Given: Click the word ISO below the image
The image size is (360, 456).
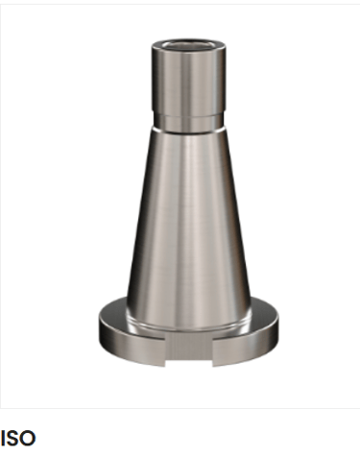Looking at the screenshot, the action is click(18, 438).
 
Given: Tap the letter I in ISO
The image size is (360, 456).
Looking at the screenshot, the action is click(3, 438).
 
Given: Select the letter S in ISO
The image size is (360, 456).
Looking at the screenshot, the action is click(12, 438).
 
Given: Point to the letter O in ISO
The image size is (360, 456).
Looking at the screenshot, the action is click(28, 438).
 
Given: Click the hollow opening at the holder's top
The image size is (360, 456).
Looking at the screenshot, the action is click(188, 44).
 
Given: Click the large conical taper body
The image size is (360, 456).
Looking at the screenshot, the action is click(189, 224).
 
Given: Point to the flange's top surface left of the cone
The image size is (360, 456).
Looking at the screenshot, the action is click(112, 312).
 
